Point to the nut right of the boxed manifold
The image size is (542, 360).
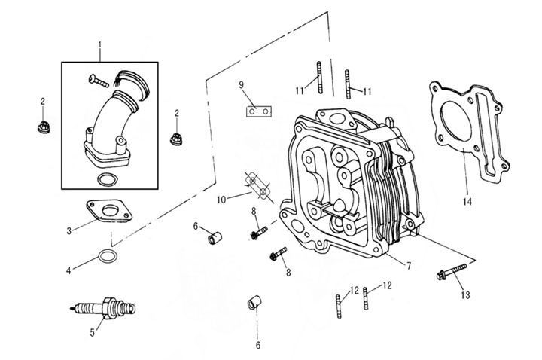178,139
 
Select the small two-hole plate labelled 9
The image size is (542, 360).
258,111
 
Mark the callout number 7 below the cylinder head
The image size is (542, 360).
408,265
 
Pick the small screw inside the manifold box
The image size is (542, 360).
102,78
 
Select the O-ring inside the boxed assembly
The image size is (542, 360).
108,180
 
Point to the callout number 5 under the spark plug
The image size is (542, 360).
93,330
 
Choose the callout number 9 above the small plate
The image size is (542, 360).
242,84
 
